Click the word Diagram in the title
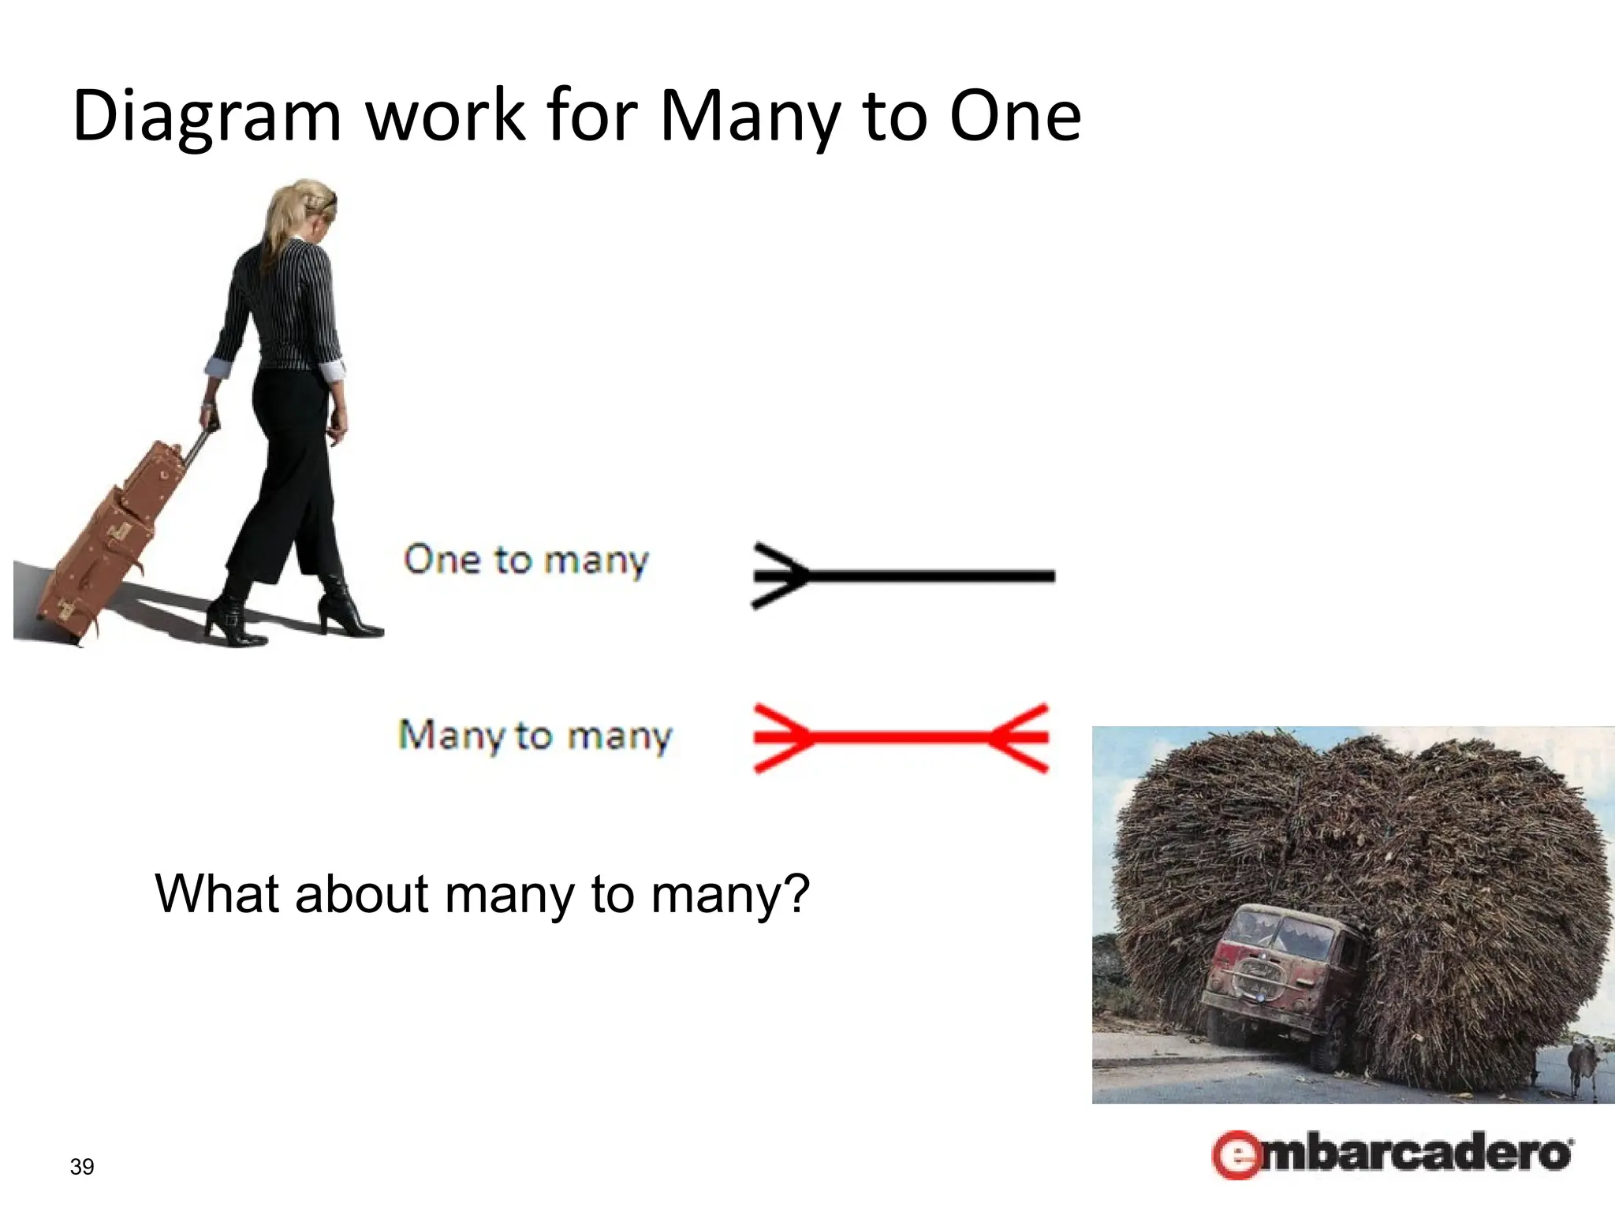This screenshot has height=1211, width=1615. (x=207, y=117)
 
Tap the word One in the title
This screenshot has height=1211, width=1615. (x=1015, y=117)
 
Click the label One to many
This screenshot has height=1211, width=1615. (x=526, y=561)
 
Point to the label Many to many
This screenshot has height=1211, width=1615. (x=535, y=736)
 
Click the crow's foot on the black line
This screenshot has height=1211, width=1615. (x=779, y=576)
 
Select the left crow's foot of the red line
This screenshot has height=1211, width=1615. (x=781, y=738)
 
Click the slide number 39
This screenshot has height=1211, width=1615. (x=82, y=1167)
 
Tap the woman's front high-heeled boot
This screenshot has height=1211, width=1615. (x=347, y=611)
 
